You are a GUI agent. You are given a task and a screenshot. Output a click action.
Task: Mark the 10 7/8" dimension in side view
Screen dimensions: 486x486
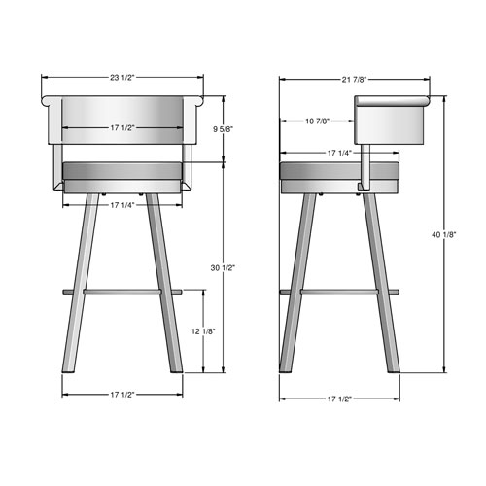[316, 121]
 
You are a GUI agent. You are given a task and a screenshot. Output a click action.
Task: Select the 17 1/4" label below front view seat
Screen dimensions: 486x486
[122, 205]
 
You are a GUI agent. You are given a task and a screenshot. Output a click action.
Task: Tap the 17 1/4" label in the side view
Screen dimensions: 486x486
[338, 153]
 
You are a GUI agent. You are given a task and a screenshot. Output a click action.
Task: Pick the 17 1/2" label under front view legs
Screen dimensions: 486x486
[122, 395]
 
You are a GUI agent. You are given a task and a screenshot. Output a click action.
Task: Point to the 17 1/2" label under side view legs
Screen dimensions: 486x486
[339, 399]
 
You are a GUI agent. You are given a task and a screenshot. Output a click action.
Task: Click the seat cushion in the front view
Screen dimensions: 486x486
[121, 172]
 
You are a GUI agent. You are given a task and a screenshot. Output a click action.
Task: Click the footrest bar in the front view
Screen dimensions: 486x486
[121, 289]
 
